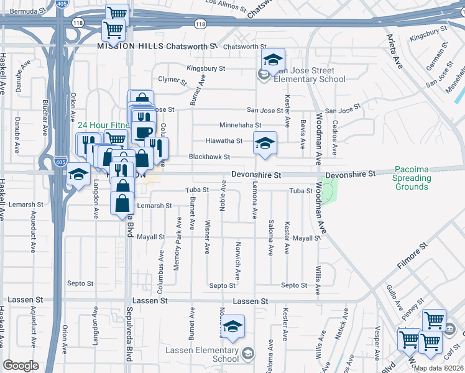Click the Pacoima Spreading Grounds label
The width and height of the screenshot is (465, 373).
pyautogui.click(x=411, y=178)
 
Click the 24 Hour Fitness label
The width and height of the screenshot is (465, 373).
pyautogui.click(x=103, y=125)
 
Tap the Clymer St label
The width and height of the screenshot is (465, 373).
pyautogui.click(x=172, y=80)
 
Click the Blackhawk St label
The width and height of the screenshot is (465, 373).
pyautogui.click(x=209, y=157)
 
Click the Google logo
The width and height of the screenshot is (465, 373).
pyautogui.click(x=21, y=366)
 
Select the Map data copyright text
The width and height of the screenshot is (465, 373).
pyautogui.click(x=438, y=368)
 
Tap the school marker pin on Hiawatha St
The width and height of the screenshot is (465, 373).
pyautogui.click(x=265, y=144)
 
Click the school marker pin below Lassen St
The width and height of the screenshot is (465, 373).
pyautogui.click(x=233, y=326)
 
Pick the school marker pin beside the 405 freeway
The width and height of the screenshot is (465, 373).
pyautogui.click(x=78, y=175)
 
